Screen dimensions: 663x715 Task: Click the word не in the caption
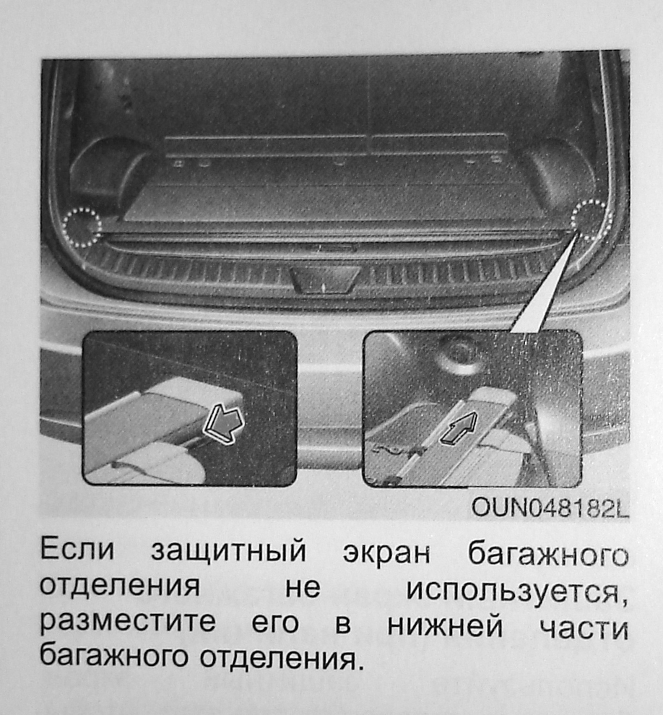(303, 587)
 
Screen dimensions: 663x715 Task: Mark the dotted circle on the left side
(82, 226)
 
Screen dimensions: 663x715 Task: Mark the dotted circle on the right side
(591, 220)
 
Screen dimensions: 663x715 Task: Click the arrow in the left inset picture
(224, 423)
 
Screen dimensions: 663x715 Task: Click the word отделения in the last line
(277, 657)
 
